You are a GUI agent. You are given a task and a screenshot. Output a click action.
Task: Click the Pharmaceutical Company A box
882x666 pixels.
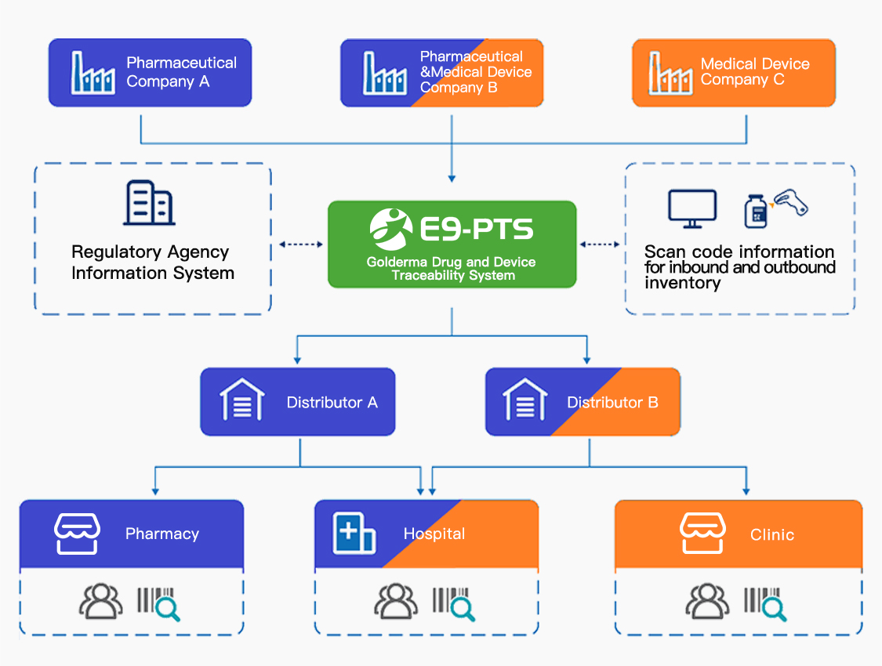tap(150, 73)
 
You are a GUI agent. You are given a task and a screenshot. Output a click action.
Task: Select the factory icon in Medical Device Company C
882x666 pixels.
tap(670, 73)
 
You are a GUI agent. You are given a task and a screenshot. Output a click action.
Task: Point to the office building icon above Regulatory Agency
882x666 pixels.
tap(149, 203)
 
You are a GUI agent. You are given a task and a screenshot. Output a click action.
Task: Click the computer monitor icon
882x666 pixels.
tap(691, 208)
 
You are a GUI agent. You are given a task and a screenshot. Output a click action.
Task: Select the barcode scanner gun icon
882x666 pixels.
tap(790, 202)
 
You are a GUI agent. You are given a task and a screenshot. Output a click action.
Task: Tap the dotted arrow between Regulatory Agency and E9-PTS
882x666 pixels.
tap(301, 244)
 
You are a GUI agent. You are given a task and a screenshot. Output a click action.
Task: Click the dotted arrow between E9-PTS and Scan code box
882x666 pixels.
tap(600, 244)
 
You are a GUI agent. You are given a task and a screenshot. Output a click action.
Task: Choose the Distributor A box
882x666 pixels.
tap(298, 402)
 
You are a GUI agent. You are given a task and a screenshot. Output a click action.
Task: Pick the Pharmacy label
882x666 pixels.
tap(162, 534)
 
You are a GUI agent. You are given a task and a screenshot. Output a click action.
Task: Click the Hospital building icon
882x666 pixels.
tap(354, 534)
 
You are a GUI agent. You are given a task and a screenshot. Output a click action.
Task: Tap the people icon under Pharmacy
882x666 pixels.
tap(101, 602)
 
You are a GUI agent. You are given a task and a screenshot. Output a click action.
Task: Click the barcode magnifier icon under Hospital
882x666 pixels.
tap(454, 603)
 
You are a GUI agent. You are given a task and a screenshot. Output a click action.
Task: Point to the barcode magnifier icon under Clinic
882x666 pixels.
tap(765, 603)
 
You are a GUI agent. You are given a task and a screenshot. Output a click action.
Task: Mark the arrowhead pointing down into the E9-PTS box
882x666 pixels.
tap(452, 176)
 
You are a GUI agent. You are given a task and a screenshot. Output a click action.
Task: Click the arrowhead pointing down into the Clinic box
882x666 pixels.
tap(746, 490)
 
